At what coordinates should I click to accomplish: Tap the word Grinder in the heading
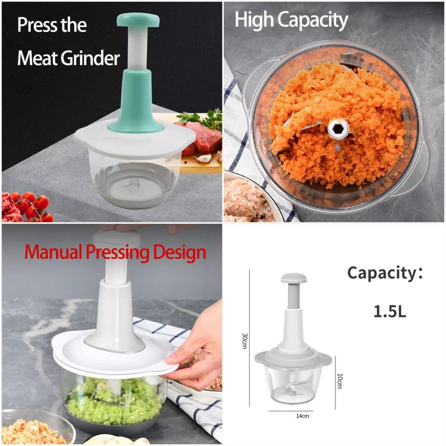pyautogui.click(x=90, y=59)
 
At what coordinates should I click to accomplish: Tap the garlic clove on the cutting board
pyautogui.click(x=204, y=158)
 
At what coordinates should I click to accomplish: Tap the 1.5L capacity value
pyautogui.click(x=390, y=312)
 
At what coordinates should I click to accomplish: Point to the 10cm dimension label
pyautogui.click(x=340, y=380)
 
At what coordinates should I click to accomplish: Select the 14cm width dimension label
pyautogui.click(x=303, y=416)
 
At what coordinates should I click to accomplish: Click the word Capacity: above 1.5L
pyautogui.click(x=385, y=274)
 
